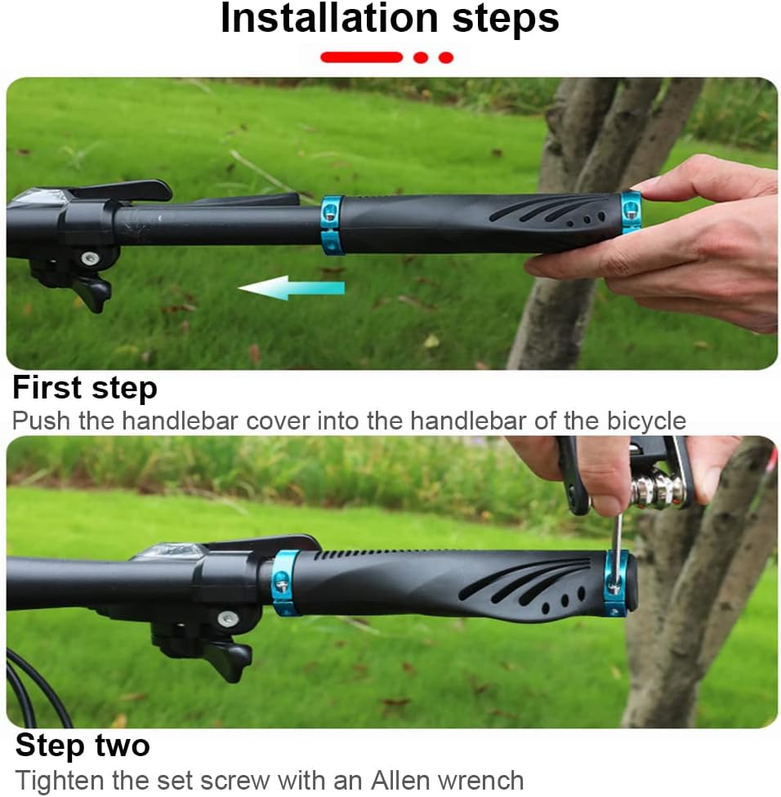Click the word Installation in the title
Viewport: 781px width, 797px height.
point(329,18)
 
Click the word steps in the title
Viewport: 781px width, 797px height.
point(506,20)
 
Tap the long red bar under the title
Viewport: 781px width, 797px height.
point(361,57)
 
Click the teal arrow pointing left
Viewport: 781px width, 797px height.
point(291,287)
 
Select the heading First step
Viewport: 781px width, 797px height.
point(85,389)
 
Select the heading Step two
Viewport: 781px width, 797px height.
point(83,746)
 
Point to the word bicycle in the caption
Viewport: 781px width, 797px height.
point(646,421)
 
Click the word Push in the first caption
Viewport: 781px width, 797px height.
point(41,421)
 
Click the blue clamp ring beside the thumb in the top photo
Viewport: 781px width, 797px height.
point(631,213)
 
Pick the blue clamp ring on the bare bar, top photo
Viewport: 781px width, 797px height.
point(332,225)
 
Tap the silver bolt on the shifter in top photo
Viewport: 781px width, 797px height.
point(91,258)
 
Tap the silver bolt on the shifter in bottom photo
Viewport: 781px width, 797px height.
point(227,619)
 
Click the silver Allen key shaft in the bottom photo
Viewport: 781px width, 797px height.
point(618,551)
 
